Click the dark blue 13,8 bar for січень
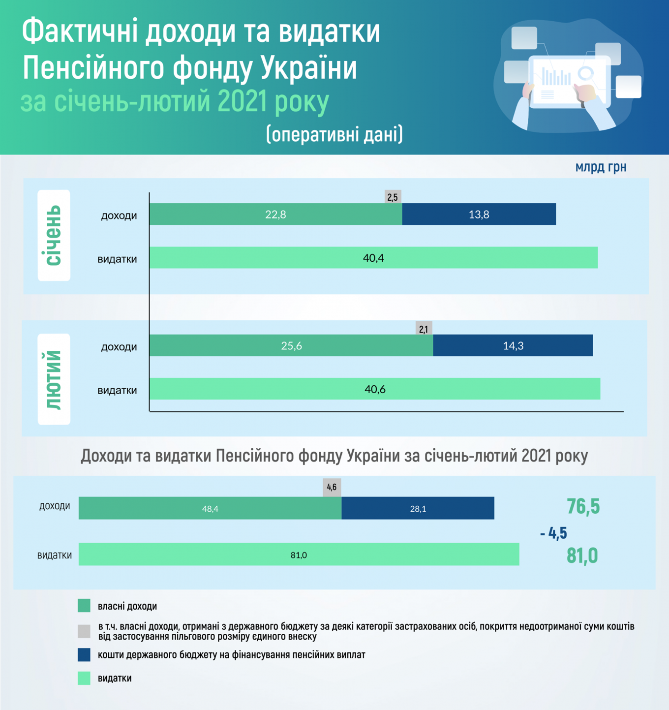[x=479, y=214]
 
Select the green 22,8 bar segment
[x=275, y=214]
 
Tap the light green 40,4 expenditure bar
[x=373, y=257]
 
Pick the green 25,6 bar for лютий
[x=291, y=345]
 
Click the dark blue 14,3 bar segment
[x=513, y=345]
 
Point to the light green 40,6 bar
[x=375, y=389]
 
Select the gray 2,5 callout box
[x=393, y=197]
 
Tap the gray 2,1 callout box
[x=424, y=328]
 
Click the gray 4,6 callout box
[x=332, y=487]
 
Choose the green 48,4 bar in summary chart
[x=210, y=508]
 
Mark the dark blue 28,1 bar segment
[x=418, y=508]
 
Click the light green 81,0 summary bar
[x=299, y=555]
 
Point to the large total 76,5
[x=583, y=506]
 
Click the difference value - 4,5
[x=553, y=533]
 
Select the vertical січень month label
[x=54, y=235]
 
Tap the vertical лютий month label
[x=54, y=379]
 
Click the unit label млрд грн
[x=601, y=167]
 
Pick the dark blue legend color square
[x=84, y=655]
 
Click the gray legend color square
[x=84, y=631]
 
